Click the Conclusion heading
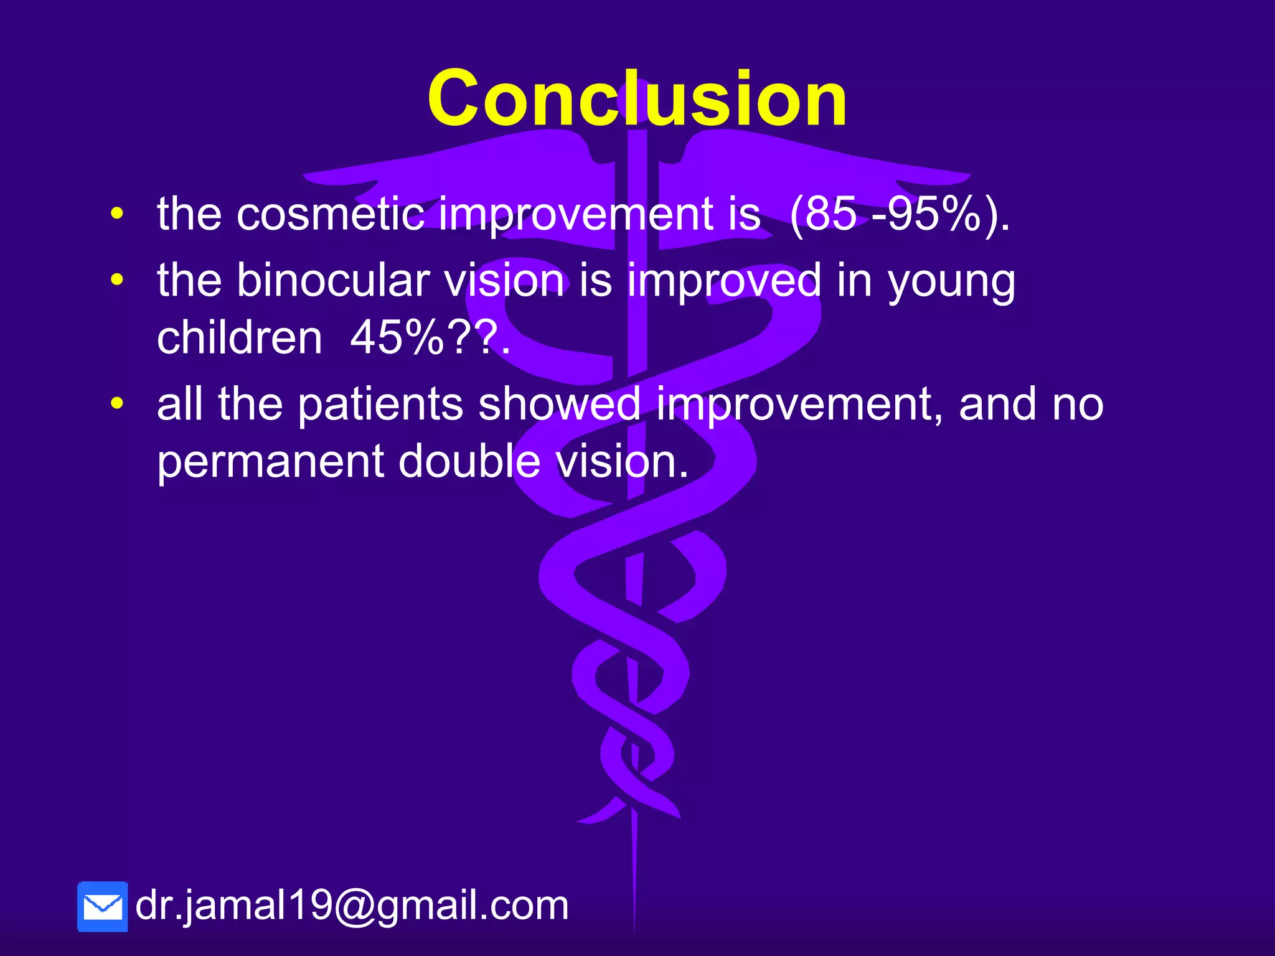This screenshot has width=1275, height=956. pos(637,98)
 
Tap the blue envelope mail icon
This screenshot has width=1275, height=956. pos(103,907)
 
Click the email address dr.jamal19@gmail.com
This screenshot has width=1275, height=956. pos(352,905)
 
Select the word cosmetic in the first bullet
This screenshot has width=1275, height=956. pos(330,215)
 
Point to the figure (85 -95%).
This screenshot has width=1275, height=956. pos(900,215)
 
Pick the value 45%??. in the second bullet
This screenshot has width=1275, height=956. pos(430,339)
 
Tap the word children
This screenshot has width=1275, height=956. pos(240,339)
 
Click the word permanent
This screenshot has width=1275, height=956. pos(271,462)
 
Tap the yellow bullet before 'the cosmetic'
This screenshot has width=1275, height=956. pos(116,215)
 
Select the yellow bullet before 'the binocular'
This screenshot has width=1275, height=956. pos(116,280)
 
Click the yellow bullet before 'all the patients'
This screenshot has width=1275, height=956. pos(116,404)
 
